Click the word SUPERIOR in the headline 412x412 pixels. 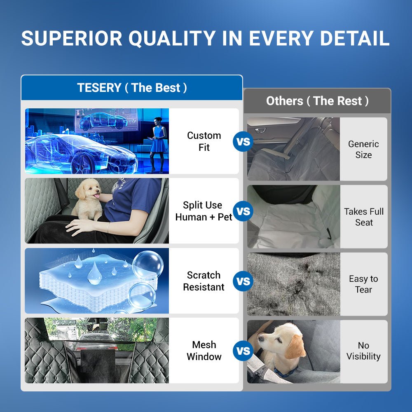click(72, 38)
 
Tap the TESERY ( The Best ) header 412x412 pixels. click(132, 88)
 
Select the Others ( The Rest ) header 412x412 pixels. click(317, 101)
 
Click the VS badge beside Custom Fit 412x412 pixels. click(243, 142)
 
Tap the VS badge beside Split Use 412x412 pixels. click(243, 211)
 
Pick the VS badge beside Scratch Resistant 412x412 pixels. click(243, 281)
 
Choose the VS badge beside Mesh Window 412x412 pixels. click(243, 351)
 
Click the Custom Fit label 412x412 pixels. click(204, 141)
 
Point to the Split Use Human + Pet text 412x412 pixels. click(204, 211)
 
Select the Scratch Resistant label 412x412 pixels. click(204, 281)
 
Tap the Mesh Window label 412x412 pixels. click(204, 351)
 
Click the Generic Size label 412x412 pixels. click(363, 149)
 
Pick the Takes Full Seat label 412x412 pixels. click(364, 217)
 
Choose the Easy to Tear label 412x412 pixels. click(363, 284)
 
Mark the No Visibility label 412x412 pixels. click(363, 351)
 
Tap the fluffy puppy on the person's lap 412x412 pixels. click(88, 198)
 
